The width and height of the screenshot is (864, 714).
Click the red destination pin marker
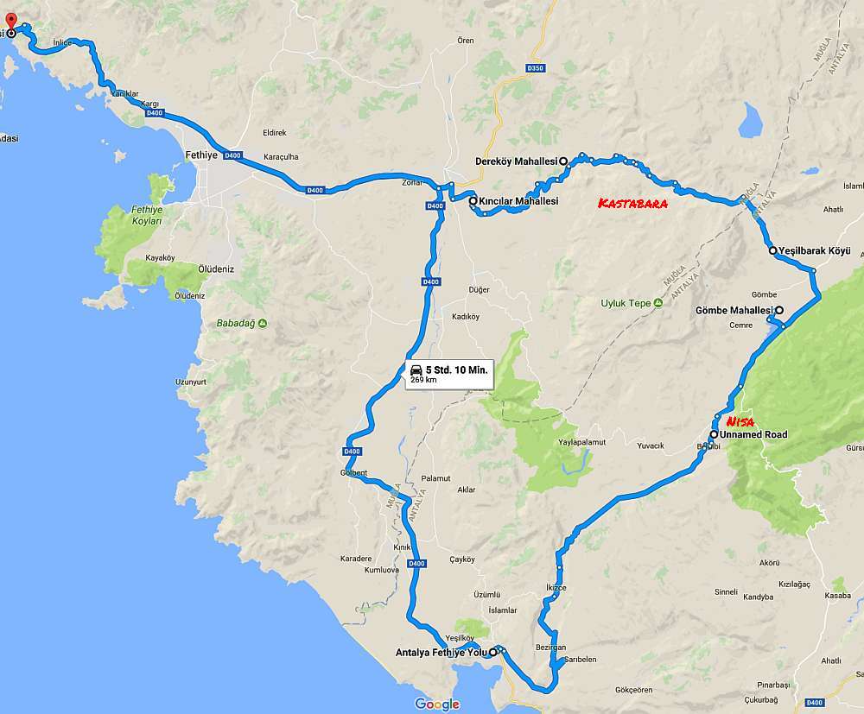(10, 21)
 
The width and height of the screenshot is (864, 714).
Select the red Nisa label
(741, 421)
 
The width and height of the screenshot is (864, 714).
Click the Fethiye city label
(200, 156)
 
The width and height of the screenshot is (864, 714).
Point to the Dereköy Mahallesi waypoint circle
(562, 161)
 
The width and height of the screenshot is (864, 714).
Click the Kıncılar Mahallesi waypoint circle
(473, 201)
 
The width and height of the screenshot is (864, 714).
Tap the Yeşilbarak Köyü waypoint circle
(772, 251)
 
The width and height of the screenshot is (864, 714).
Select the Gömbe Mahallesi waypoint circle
(778, 310)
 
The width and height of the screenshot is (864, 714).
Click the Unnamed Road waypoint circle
(714, 434)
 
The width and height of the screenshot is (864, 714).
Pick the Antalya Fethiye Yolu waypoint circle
(493, 652)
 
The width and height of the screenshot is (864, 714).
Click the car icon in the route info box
(416, 370)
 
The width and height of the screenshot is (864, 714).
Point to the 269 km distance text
(423, 380)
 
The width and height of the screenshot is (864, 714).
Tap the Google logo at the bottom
(437, 704)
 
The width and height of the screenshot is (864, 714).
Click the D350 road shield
(536, 67)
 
